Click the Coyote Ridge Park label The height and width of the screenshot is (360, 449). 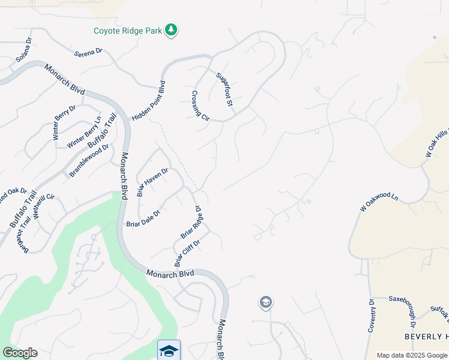point(128,31)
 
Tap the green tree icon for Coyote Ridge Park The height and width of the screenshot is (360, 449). point(172,30)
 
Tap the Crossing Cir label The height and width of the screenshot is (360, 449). point(200,106)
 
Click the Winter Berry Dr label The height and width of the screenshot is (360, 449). point(64,123)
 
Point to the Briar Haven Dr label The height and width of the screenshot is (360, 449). point(152,182)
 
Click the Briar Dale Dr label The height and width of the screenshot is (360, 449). point(143,218)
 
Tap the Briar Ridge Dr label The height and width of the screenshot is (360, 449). point(191,223)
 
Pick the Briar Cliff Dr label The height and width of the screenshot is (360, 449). point(186,252)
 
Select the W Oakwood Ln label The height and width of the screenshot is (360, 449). point(379,202)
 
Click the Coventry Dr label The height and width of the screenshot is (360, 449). point(371,316)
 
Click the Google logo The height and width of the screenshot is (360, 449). point(20,353)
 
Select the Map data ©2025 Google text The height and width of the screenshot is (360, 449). point(412,355)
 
